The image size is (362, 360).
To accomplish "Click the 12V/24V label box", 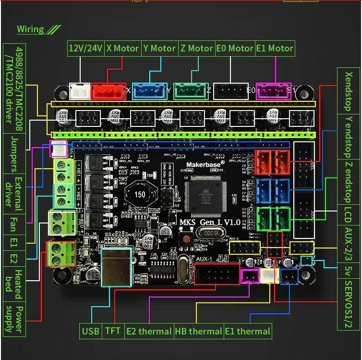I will (x=85, y=49).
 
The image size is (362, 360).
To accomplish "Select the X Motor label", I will (x=122, y=49).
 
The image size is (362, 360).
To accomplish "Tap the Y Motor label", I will (x=159, y=49).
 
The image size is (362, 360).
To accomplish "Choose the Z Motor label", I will (x=196, y=49).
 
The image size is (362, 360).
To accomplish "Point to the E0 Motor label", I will (x=235, y=49).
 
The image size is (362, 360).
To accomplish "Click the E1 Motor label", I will (x=274, y=49).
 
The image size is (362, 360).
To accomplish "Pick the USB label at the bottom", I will (x=90, y=331).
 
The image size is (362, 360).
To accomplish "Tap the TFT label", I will (x=112, y=331).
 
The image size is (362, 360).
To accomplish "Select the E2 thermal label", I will (x=149, y=331).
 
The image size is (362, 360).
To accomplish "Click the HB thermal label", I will (x=198, y=331).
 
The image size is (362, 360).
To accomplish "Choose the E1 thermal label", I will (x=247, y=331).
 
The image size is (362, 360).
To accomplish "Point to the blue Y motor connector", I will (x=149, y=90).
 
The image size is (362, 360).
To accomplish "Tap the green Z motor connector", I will (x=190, y=90).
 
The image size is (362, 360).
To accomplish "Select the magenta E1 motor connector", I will (x=273, y=90).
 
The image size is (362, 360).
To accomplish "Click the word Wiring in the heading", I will (x=30, y=29).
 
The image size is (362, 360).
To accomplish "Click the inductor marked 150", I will (x=140, y=195).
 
